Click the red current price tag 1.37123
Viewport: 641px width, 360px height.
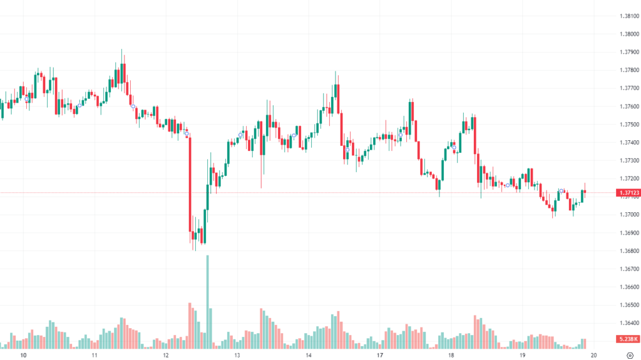(626, 193)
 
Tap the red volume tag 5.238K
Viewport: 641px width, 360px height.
(626, 339)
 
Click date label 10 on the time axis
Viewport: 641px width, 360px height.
(23, 355)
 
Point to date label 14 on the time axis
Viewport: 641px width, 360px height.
(309, 355)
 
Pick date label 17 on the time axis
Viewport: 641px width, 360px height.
(380, 355)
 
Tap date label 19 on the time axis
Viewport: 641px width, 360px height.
(523, 355)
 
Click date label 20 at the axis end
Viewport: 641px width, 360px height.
(593, 355)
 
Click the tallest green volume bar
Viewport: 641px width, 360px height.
(207, 301)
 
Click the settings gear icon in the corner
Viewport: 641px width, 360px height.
(630, 355)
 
